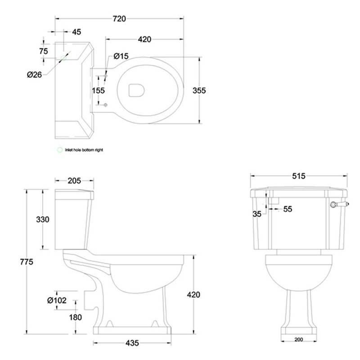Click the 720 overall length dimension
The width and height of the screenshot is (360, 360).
click(x=119, y=18)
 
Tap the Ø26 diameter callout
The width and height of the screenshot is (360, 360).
click(x=35, y=75)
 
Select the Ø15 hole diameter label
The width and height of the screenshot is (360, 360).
click(x=121, y=56)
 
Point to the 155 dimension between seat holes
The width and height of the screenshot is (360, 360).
click(x=98, y=90)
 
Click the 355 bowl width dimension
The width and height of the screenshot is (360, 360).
click(x=199, y=90)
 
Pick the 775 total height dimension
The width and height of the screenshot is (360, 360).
click(x=27, y=261)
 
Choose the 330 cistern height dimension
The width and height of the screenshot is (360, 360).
click(x=43, y=220)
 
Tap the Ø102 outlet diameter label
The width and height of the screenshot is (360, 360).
click(x=57, y=300)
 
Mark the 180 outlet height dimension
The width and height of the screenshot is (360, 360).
click(x=75, y=317)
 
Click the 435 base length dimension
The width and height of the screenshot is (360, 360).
click(x=132, y=343)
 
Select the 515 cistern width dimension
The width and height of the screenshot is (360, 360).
click(x=299, y=176)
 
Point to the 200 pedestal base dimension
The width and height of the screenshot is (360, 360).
click(x=298, y=339)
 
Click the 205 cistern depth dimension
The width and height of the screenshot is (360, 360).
click(x=74, y=181)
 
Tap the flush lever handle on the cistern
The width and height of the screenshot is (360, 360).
click(x=340, y=204)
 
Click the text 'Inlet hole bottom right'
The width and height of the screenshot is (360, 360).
click(x=84, y=150)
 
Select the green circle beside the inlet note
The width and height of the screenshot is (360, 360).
click(x=60, y=150)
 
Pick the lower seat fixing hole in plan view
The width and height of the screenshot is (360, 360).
click(x=105, y=105)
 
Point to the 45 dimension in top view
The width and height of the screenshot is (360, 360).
click(x=76, y=32)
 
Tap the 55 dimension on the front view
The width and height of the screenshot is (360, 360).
click(x=288, y=209)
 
